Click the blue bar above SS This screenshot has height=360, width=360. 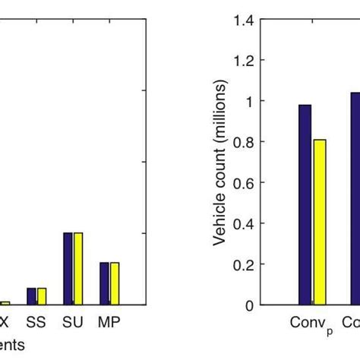[32, 296]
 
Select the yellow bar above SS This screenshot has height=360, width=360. [42, 296]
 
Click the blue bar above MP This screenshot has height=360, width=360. [104, 283]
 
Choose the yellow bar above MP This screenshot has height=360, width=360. [115, 283]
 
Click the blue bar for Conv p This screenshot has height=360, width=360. [305, 204]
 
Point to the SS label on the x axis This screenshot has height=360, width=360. [36, 321]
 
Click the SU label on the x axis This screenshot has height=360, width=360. [73, 321]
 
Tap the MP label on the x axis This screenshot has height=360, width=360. [109, 321]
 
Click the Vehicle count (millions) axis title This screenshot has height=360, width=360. [220, 163]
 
